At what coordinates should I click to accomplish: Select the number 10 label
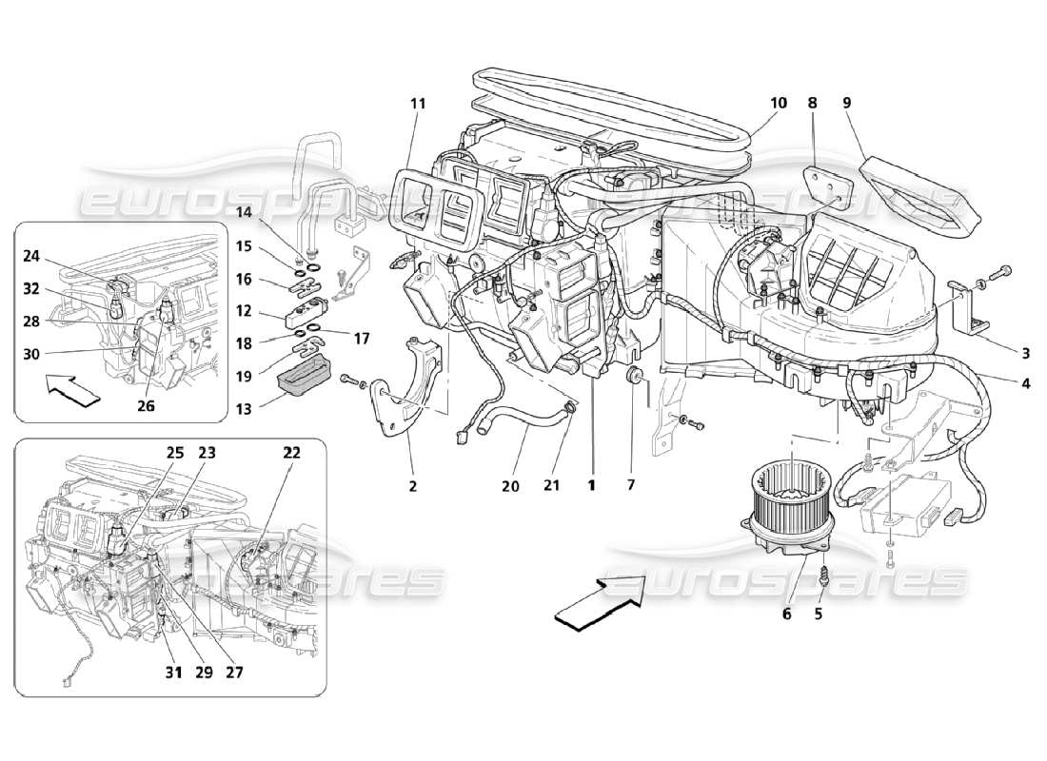click(780, 101)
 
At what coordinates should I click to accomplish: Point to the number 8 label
click(812, 101)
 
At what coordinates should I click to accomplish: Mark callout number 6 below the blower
click(786, 615)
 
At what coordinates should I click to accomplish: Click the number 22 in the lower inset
click(291, 454)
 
